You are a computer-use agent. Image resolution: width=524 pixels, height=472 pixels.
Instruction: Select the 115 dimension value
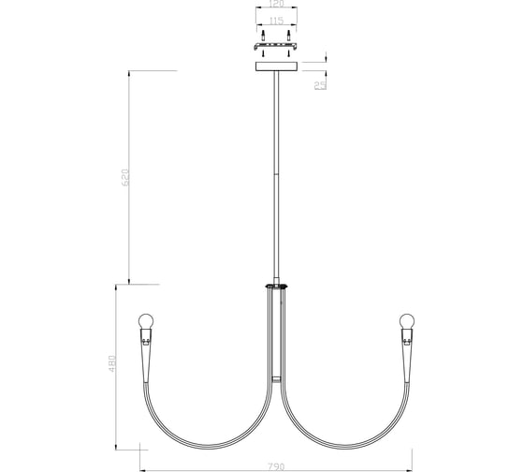[275, 21]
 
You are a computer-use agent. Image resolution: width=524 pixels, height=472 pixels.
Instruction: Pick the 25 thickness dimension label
[319, 85]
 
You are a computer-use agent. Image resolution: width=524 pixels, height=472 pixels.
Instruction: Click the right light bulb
[407, 321]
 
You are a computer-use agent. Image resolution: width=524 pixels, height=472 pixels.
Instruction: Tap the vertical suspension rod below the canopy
[275, 169]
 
